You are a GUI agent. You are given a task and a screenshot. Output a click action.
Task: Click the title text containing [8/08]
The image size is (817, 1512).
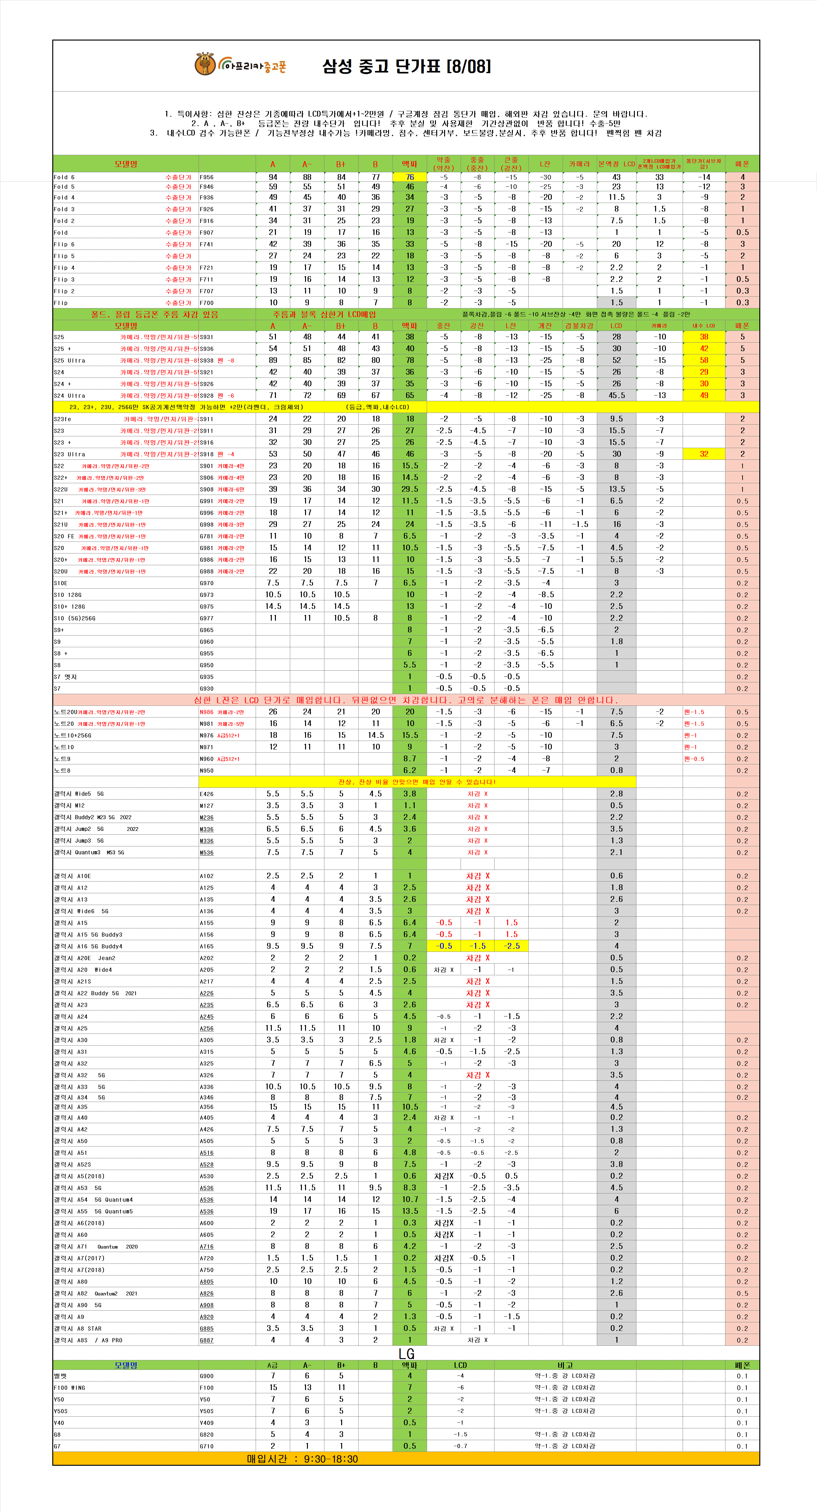406,66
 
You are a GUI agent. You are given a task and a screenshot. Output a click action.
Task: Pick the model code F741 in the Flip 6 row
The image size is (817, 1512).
207,244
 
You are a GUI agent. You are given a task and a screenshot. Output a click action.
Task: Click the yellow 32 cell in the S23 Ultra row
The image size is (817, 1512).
704,454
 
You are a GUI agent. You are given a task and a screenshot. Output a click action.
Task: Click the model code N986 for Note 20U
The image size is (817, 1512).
207,712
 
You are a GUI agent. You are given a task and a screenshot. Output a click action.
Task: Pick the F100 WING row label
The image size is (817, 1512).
69,1388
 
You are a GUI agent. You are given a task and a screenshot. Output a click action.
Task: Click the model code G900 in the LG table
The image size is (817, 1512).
207,1376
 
